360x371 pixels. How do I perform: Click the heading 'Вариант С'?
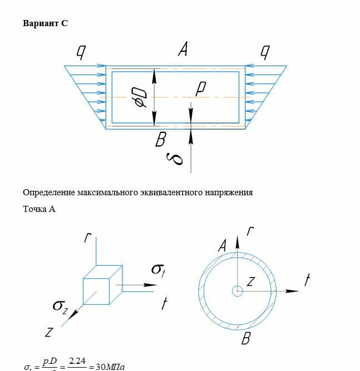[x=45, y=23]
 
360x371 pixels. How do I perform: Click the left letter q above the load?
[x=81, y=52]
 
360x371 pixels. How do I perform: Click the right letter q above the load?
[x=265, y=52]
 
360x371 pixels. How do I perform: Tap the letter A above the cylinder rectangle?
[x=182, y=50]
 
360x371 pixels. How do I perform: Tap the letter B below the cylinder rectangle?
[x=160, y=140]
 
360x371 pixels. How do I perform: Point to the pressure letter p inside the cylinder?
[x=201, y=88]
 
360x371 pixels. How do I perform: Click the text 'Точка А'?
[x=39, y=209]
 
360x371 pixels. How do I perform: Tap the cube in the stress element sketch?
[x=98, y=289]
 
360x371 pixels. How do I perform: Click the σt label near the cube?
[x=159, y=270]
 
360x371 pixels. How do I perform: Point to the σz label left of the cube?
[x=60, y=305]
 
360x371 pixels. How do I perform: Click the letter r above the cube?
[x=87, y=238]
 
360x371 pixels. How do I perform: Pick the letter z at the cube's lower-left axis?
[x=49, y=332]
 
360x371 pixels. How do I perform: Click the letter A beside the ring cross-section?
[x=223, y=245]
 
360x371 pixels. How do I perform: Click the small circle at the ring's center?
[x=238, y=290]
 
